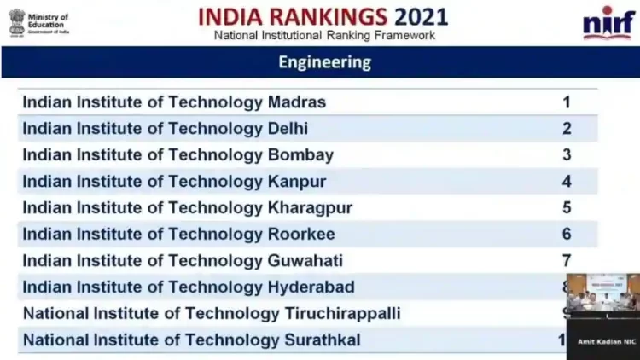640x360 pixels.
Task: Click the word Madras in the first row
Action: click(x=297, y=102)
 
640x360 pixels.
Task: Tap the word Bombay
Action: click(x=300, y=155)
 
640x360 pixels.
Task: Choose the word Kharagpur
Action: click(x=310, y=208)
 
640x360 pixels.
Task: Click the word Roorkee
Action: click(x=301, y=235)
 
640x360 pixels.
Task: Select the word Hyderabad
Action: click(x=311, y=287)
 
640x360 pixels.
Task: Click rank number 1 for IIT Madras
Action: click(x=566, y=102)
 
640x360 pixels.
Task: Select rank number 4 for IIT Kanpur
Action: click(x=566, y=182)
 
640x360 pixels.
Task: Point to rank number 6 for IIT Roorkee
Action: click(x=566, y=235)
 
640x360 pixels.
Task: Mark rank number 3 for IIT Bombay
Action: click(x=566, y=155)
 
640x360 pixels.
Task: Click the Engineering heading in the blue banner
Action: click(x=325, y=62)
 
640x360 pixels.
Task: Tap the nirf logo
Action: click(x=608, y=22)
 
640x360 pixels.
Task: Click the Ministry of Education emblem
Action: click(x=17, y=22)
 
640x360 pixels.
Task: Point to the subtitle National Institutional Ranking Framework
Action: click(x=324, y=36)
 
